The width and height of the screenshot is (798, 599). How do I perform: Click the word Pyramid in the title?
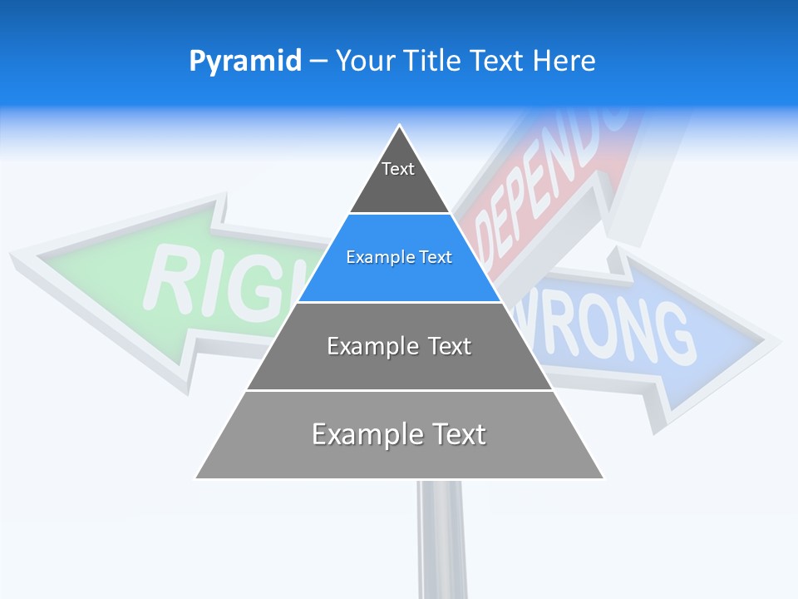(x=245, y=62)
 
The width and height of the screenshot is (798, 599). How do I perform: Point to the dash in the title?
(x=318, y=62)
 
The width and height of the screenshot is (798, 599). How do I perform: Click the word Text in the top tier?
(x=398, y=169)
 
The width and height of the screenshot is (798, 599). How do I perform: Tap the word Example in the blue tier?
(x=373, y=257)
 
